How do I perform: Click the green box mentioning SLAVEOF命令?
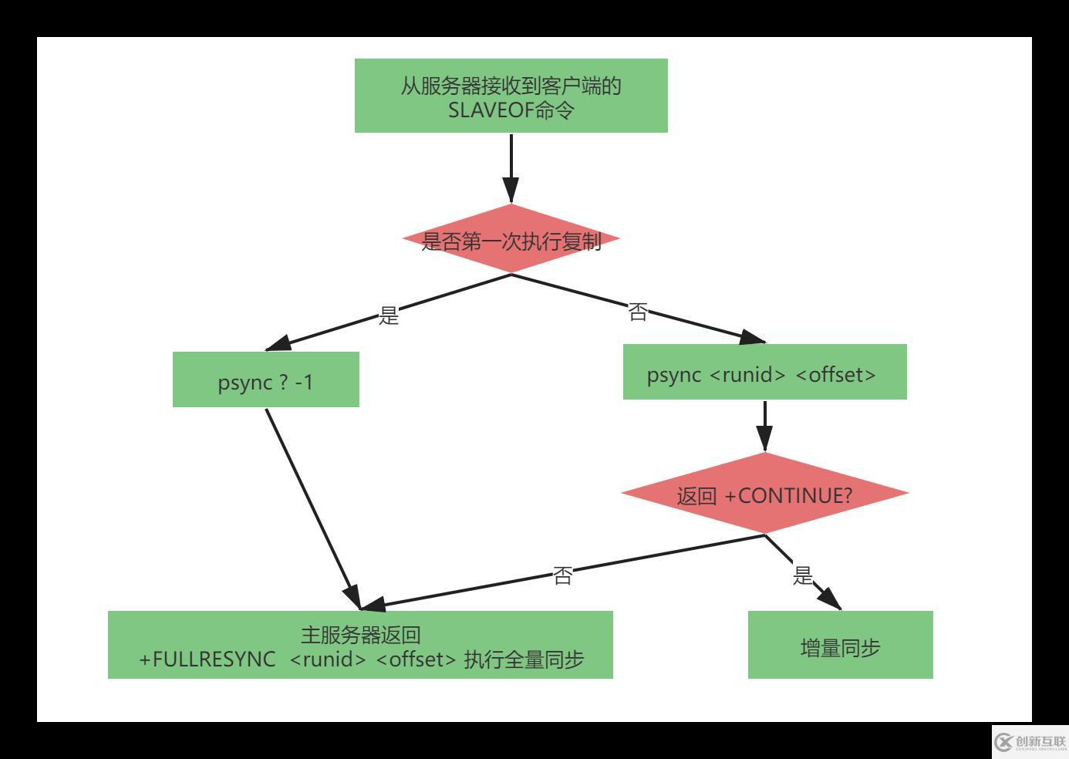click(511, 96)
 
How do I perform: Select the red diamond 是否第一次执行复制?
click(511, 240)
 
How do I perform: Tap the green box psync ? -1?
click(265, 379)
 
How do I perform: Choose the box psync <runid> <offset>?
click(764, 373)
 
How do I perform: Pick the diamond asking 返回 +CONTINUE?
click(764, 494)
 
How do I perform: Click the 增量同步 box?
click(840, 646)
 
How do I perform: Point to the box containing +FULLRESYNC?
click(360, 646)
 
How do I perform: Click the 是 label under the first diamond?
click(389, 315)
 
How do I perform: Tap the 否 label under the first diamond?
click(638, 312)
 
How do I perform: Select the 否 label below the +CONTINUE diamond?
click(563, 575)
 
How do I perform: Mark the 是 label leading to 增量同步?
click(803, 575)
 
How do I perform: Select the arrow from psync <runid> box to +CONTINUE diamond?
click(764, 425)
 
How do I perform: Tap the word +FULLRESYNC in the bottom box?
click(207, 659)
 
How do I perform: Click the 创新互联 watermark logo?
click(1030, 741)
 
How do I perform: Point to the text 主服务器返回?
click(360, 635)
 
